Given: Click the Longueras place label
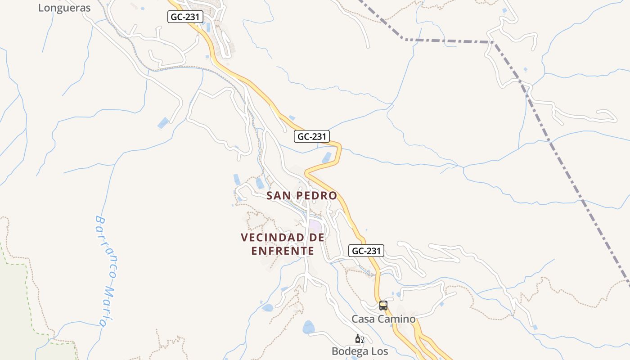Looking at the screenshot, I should pyautogui.click(x=64, y=8).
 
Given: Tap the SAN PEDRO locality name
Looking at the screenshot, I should pyautogui.click(x=301, y=196).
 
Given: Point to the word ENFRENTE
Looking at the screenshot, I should pyautogui.click(x=283, y=251).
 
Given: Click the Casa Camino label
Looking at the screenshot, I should pyautogui.click(x=383, y=319).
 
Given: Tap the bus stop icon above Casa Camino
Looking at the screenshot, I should pyautogui.click(x=383, y=306).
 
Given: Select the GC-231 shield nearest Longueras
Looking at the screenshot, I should pyautogui.click(x=186, y=17).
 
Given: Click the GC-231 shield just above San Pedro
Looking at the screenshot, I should pyautogui.click(x=312, y=136).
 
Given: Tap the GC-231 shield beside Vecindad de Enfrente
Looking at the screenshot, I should pyautogui.click(x=366, y=251).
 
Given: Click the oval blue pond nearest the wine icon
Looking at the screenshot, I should pyautogui.click(x=309, y=327).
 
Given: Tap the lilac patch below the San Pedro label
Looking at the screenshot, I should pyautogui.click(x=315, y=225).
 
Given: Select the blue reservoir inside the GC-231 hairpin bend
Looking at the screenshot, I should pyautogui.click(x=327, y=157).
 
